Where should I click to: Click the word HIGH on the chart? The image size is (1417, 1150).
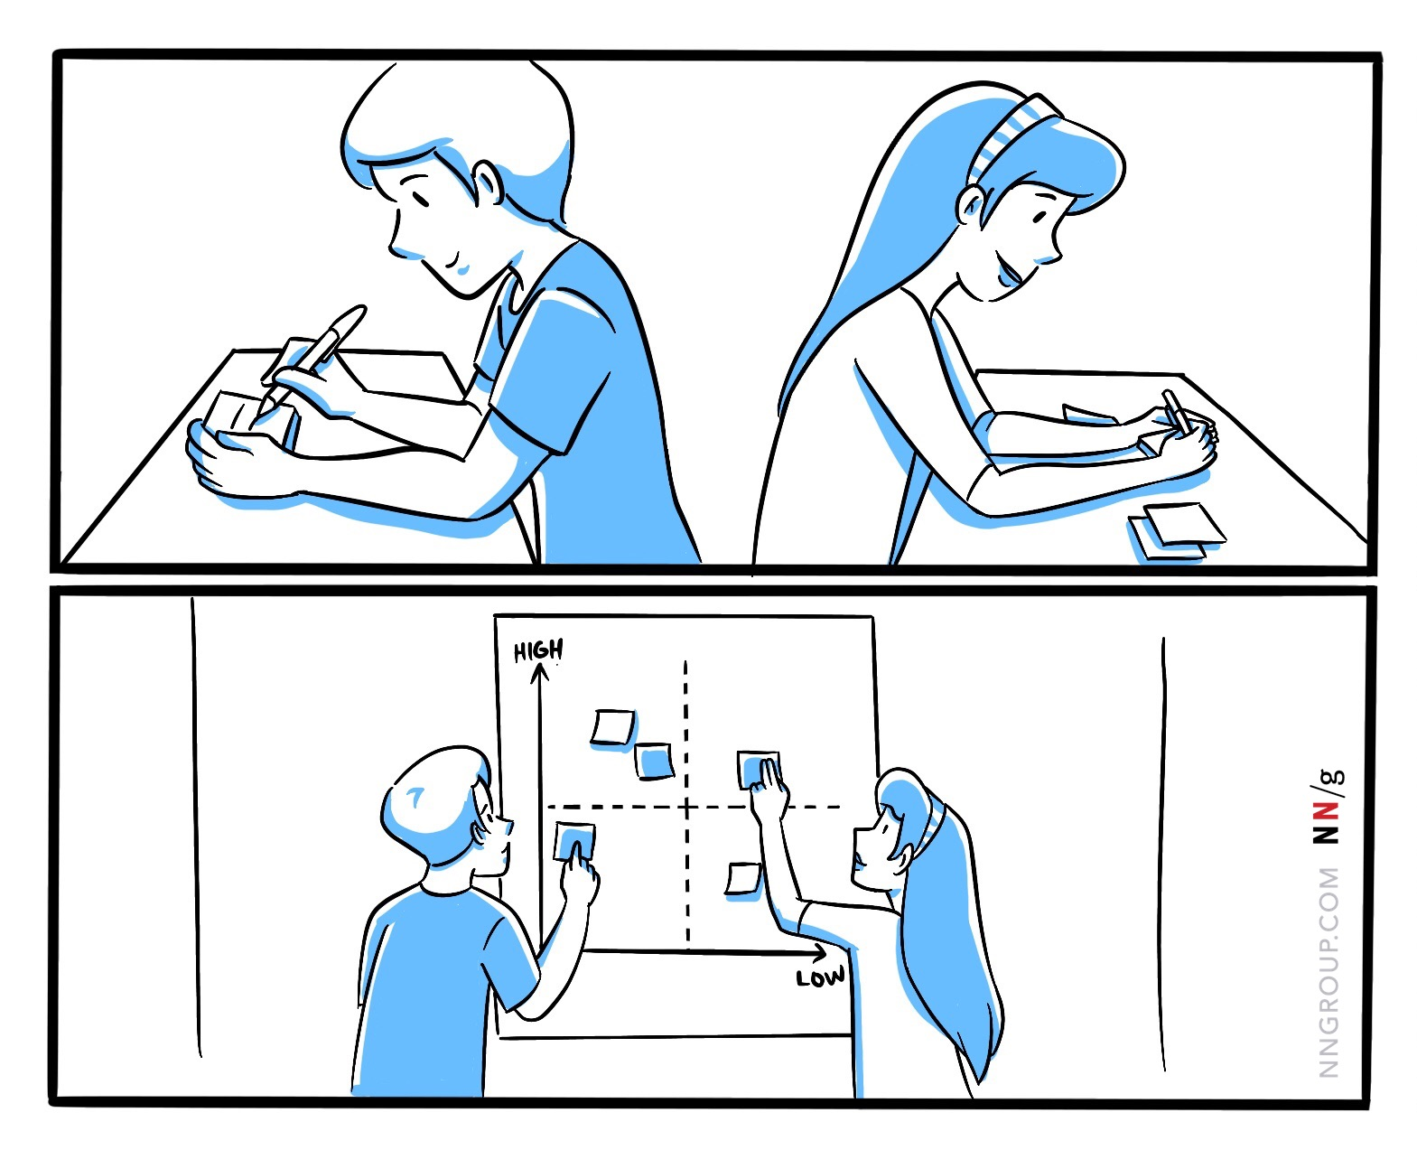tap(537, 650)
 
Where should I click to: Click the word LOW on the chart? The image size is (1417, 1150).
tap(820, 977)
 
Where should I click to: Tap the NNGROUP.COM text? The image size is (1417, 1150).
tap(1328, 972)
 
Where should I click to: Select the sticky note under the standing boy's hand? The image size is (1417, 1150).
tap(573, 841)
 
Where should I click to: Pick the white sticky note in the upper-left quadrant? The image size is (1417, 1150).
tap(613, 727)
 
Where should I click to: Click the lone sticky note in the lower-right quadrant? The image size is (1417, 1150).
tap(744, 878)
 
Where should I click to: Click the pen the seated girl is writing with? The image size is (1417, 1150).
tap(1175, 411)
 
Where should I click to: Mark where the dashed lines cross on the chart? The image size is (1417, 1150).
tap(686, 807)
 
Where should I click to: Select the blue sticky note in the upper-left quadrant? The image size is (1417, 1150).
tap(654, 761)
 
